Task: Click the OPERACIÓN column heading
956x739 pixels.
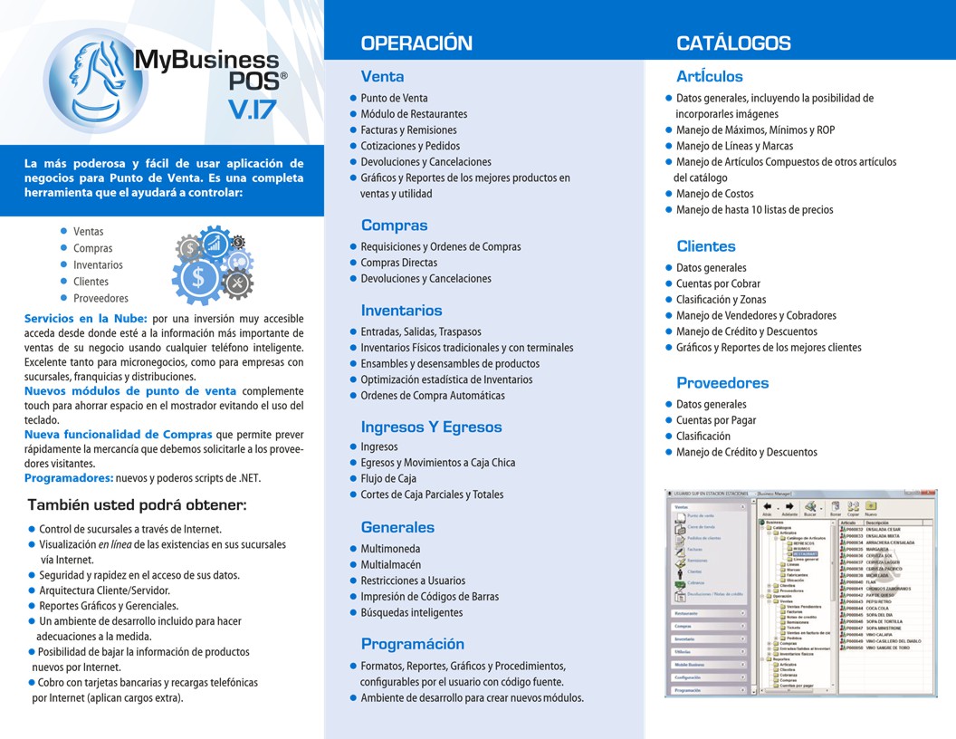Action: click(x=416, y=43)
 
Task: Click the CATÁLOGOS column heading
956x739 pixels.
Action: click(x=733, y=43)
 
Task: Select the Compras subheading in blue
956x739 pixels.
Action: click(x=394, y=225)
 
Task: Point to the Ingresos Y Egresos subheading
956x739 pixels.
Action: click(x=431, y=427)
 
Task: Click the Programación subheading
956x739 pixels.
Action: click(x=412, y=644)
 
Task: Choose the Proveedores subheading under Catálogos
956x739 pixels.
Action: click(x=722, y=382)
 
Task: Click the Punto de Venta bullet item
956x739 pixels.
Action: click(x=394, y=98)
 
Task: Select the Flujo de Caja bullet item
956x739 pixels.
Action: click(x=388, y=478)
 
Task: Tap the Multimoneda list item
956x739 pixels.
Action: click(x=390, y=549)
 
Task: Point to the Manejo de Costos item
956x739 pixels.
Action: click(x=714, y=194)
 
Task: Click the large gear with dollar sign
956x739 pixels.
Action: click(x=197, y=280)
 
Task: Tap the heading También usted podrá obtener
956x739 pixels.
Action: click(x=137, y=504)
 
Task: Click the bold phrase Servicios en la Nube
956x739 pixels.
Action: click(x=86, y=319)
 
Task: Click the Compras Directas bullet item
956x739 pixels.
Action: click(x=398, y=263)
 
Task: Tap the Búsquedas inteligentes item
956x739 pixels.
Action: click(x=411, y=612)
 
